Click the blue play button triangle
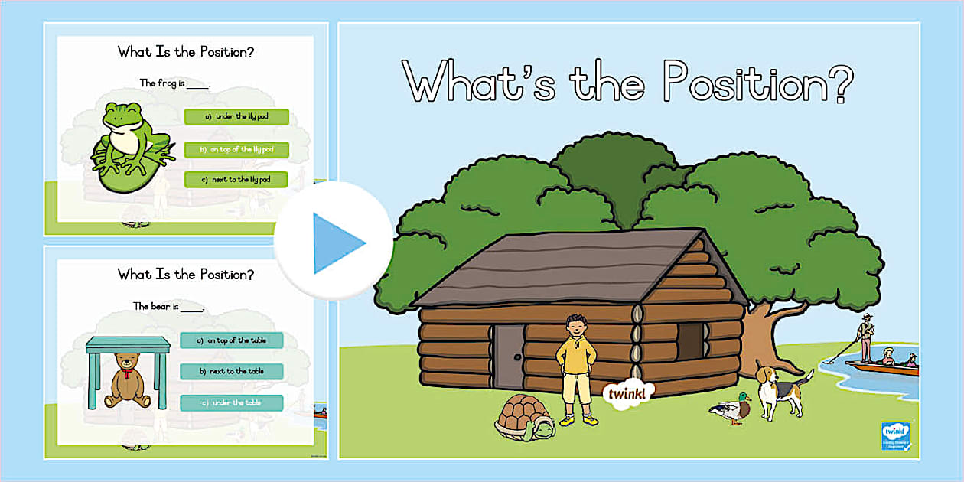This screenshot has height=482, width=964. (x=337, y=243)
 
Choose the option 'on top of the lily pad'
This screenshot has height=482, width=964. (x=236, y=149)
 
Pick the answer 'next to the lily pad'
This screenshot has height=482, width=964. (x=236, y=180)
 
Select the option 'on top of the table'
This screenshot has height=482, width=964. (x=232, y=340)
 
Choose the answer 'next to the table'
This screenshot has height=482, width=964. (x=232, y=371)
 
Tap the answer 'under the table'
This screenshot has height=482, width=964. (x=232, y=402)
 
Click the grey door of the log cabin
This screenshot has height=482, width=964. (x=509, y=358)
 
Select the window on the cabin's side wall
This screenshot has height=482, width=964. (x=691, y=340)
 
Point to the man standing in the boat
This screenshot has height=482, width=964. (x=865, y=337)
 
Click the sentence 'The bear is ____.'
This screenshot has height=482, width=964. (x=168, y=307)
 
